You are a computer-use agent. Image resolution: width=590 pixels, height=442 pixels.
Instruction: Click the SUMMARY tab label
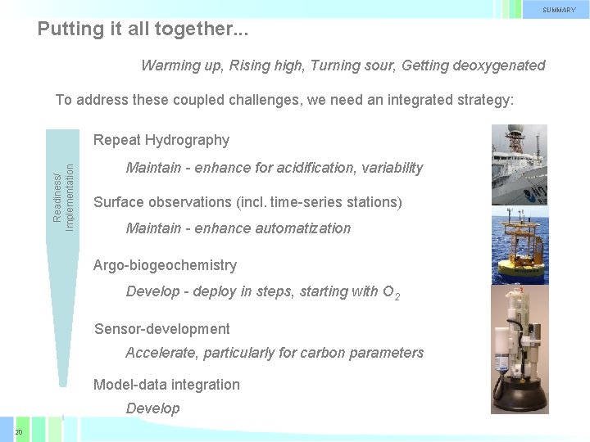point(559,10)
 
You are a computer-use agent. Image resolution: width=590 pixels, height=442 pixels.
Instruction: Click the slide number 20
point(18,431)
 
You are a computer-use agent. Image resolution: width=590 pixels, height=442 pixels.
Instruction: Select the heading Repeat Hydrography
point(161,140)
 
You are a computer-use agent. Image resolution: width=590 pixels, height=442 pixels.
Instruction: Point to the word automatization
point(303,228)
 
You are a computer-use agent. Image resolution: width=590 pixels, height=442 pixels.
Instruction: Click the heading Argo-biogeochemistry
point(165,265)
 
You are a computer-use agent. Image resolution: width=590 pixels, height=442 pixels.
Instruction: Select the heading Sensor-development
point(161,329)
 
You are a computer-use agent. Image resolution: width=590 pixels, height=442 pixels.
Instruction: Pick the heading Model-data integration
point(166,385)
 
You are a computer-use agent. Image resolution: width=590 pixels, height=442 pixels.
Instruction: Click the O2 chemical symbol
point(391,292)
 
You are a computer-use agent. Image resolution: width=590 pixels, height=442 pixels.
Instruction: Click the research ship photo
point(519,164)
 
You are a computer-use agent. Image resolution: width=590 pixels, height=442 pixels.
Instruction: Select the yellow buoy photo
point(519,244)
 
